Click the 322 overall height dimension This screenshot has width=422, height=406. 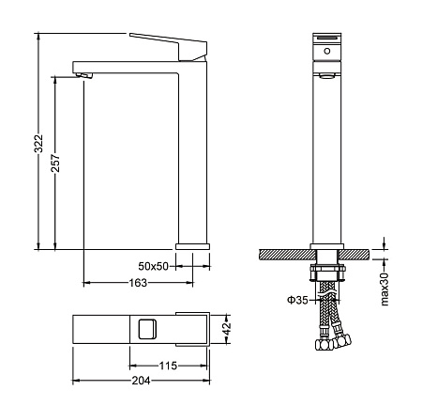38,144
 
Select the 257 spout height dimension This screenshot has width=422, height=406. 55,163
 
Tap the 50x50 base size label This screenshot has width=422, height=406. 153,266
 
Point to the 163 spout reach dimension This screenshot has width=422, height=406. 138,283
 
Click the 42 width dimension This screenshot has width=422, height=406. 227,328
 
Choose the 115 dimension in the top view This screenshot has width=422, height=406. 168,366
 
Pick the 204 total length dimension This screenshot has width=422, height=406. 141,381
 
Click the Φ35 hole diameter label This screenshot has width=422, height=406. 297,300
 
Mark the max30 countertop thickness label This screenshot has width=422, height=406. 384,289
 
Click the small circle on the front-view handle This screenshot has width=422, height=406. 327,51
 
